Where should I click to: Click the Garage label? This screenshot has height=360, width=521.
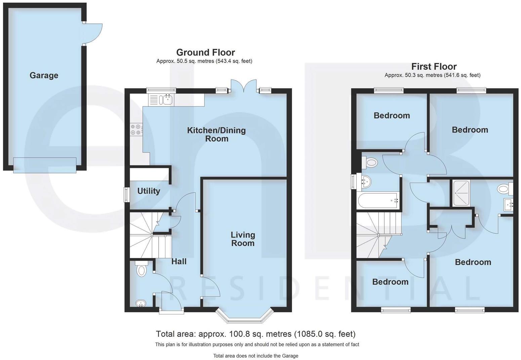click(x=44, y=75)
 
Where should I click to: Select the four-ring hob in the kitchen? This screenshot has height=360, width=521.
click(x=136, y=129)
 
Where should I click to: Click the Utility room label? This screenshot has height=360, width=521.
click(x=149, y=191)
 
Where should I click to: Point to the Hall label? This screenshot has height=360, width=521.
click(x=179, y=261)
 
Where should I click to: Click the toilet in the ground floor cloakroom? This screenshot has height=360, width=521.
click(x=141, y=269)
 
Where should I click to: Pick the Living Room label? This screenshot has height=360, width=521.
click(x=243, y=239)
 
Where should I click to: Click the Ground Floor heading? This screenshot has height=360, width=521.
click(x=205, y=52)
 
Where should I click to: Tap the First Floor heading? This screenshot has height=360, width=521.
click(x=434, y=66)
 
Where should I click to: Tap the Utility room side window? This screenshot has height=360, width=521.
click(x=126, y=194)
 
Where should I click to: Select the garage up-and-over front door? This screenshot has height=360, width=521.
click(x=45, y=165)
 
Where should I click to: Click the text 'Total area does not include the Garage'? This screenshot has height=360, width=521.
click(x=255, y=356)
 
